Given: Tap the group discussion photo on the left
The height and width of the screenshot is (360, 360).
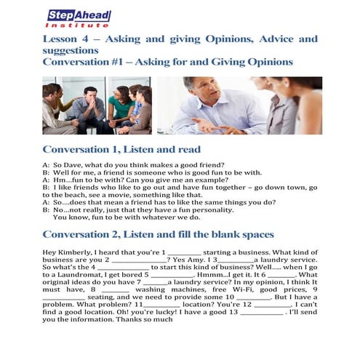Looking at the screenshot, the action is coord(96,105).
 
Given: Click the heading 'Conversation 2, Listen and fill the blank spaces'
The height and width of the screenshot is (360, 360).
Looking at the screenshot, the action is coord(158,234).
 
